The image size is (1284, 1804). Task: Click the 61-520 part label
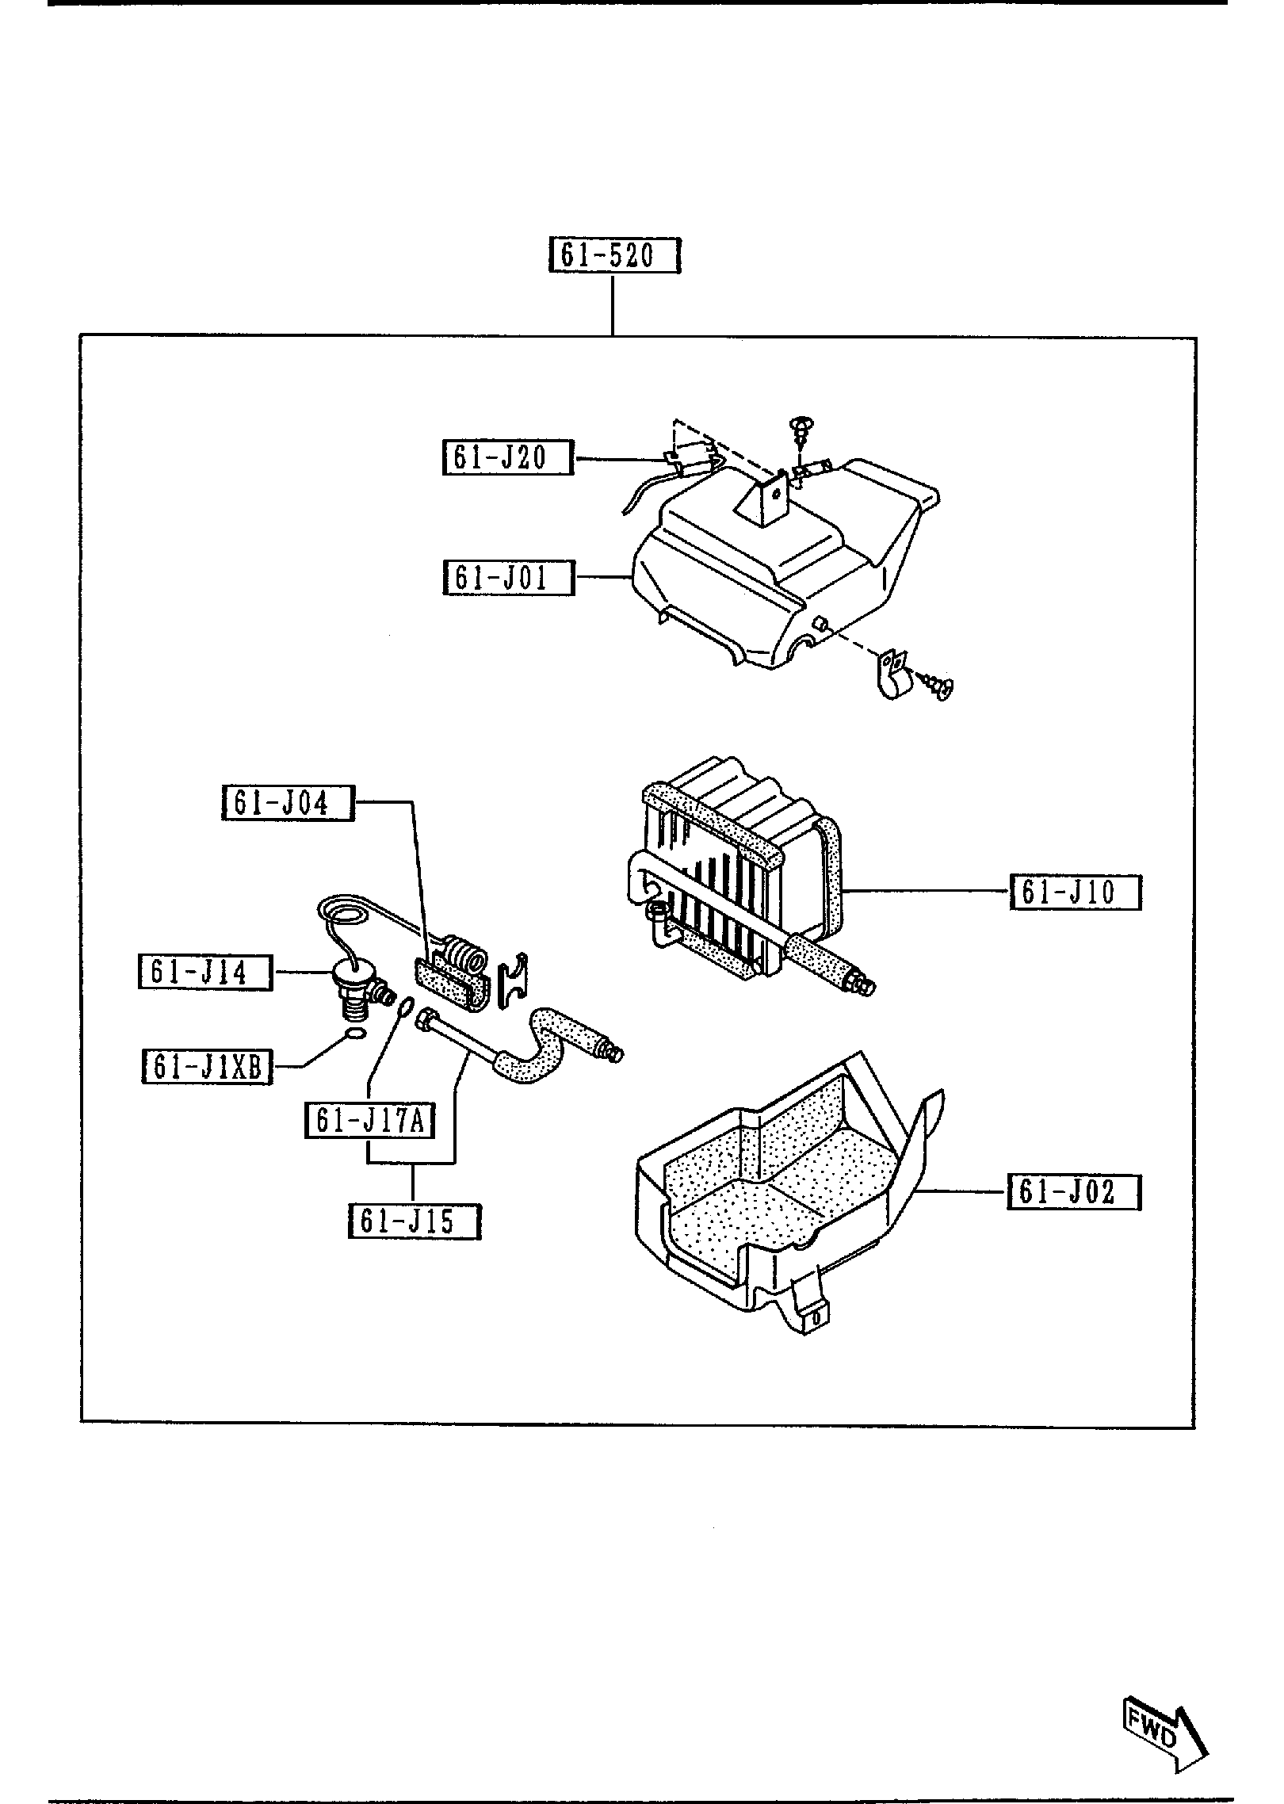[615, 256]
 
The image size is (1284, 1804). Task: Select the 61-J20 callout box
[507, 458]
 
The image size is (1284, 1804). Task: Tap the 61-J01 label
[507, 578]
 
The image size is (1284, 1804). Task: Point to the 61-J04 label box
[287, 804]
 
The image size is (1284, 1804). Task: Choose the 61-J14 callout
[205, 973]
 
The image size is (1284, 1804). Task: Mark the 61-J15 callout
[415, 1243]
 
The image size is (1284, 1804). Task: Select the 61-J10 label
[1075, 893]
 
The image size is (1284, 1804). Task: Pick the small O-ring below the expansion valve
[357, 1034]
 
